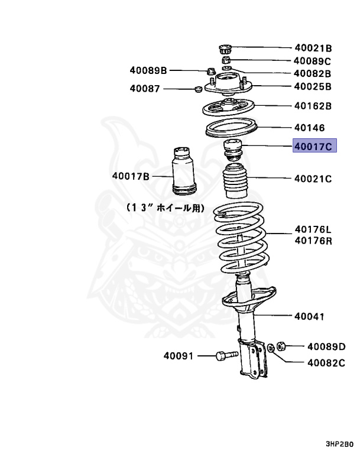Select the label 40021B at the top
[x=313, y=48]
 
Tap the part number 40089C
[x=313, y=61]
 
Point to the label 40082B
[x=313, y=74]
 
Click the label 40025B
[x=313, y=87]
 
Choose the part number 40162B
[x=313, y=107]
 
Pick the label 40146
[x=309, y=128]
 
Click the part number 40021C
[x=313, y=178]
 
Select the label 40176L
[x=313, y=231]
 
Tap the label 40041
[x=309, y=317]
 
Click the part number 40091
[x=179, y=356]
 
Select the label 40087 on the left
[x=145, y=89]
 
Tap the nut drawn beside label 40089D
[x=282, y=344]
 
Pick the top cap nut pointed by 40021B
[x=225, y=48]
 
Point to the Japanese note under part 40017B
[x=165, y=208]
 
